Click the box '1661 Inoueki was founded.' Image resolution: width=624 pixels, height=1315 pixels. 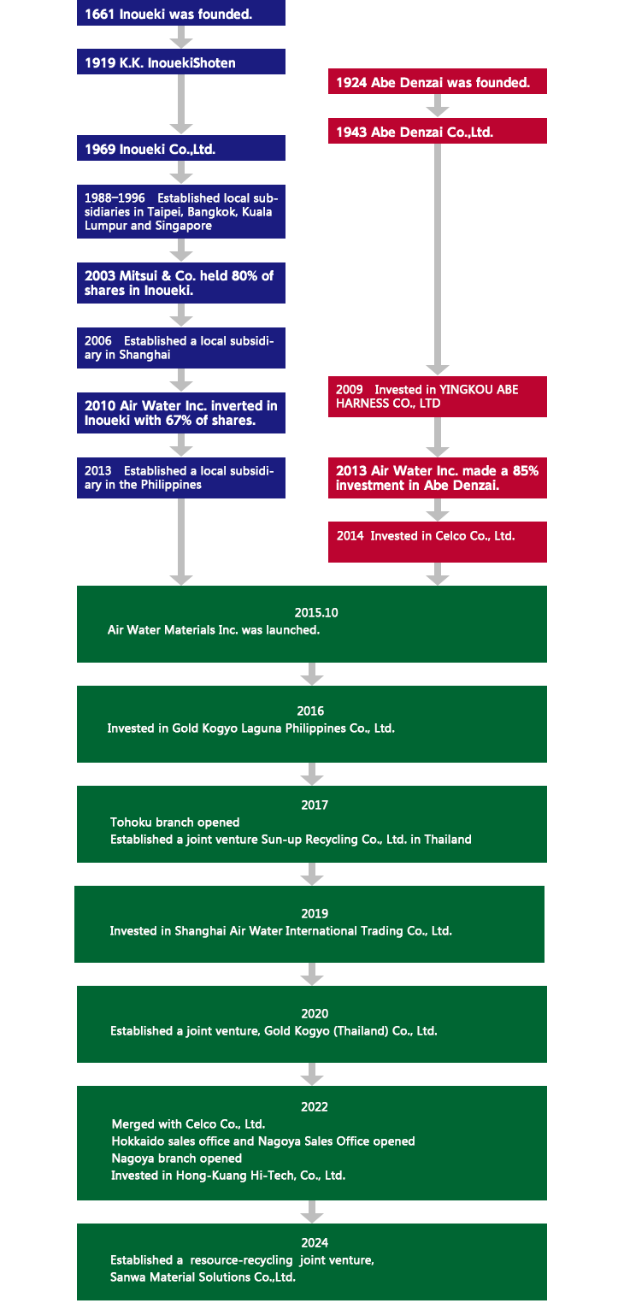181,13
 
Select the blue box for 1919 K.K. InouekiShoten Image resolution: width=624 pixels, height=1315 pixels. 181,62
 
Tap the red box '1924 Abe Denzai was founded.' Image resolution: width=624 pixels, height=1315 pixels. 438,81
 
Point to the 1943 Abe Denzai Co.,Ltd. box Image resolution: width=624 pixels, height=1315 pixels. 438,131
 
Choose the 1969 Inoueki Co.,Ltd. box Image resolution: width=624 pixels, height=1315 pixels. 181,148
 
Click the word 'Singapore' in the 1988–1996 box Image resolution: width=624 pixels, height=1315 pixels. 183,226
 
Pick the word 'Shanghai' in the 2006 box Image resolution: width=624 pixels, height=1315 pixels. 144,355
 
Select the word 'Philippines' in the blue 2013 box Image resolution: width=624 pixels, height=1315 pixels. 170,485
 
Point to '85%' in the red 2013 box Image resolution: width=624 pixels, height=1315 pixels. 526,471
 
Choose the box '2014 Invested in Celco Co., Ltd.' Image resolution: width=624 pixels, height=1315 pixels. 438,542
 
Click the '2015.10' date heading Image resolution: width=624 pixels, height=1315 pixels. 316,613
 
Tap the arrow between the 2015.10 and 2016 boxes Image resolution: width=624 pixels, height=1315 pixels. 312,674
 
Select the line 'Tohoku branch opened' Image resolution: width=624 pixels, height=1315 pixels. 175,823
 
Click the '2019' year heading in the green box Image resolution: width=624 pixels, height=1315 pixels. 315,914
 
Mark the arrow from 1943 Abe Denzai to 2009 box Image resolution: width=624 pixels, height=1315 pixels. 438,259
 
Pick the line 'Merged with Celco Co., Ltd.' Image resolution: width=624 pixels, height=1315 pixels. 188,1124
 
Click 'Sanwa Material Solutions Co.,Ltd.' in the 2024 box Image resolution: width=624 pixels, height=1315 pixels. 203,1277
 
